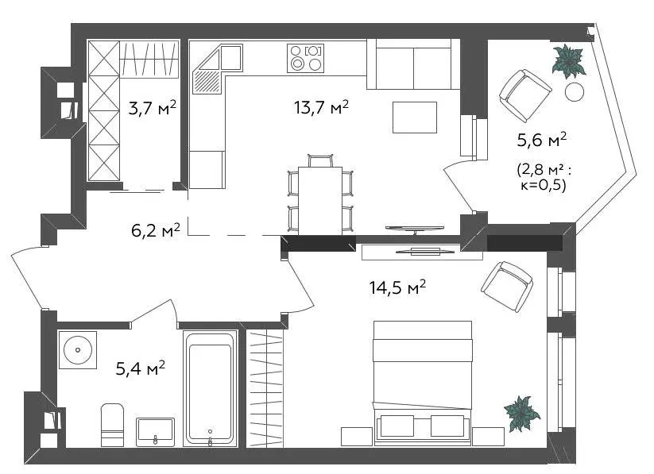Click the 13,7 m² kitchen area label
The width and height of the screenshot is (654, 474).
tap(321, 107)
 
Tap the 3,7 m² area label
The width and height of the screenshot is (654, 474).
tap(153, 107)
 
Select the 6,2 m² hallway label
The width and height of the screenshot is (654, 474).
tap(156, 230)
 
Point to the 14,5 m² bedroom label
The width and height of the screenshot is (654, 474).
tap(397, 287)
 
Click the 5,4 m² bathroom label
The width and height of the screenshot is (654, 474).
tap(140, 368)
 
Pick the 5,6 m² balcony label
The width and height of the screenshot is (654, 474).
tap(542, 140)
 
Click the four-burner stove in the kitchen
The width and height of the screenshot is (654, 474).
tap(305, 58)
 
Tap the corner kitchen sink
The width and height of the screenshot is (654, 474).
tap(217, 69)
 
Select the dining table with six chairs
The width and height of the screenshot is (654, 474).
tap(320, 195)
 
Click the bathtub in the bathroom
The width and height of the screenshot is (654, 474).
tap(211, 388)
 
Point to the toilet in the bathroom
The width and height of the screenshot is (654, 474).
tap(112, 425)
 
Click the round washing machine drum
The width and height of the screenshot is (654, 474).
tap(78, 350)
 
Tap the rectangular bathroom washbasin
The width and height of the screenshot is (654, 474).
tap(155, 432)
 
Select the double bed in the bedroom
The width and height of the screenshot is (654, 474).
tap(423, 383)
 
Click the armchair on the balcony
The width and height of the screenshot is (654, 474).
tap(525, 95)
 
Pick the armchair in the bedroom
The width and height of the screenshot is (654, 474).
tap(507, 287)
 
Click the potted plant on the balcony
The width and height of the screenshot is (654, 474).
tap(568, 61)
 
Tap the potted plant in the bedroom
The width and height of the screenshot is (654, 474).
tap(521, 414)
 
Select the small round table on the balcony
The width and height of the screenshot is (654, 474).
tap(575, 92)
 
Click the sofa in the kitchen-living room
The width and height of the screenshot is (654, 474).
tap(413, 64)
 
